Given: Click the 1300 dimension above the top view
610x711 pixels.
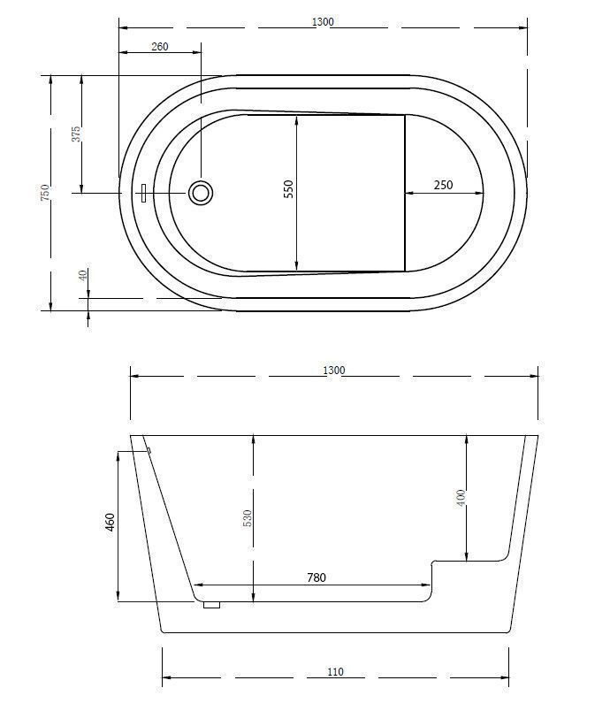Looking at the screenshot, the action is pos(323,21).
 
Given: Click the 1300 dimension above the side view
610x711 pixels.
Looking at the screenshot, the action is pos(334,370).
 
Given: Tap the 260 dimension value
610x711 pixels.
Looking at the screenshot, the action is pos(159,46).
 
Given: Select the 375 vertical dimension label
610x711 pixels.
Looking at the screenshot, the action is pos(76,134).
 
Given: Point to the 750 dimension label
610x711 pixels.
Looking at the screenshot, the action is pos(45,192).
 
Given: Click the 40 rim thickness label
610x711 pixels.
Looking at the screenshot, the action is pos(82,275).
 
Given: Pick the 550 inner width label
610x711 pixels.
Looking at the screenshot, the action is pos(288,189).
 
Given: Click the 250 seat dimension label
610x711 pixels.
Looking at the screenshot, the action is pos(443,185).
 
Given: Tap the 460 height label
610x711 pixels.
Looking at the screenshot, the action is pos(110,523).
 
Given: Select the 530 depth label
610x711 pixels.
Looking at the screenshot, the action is pos(247,518).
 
